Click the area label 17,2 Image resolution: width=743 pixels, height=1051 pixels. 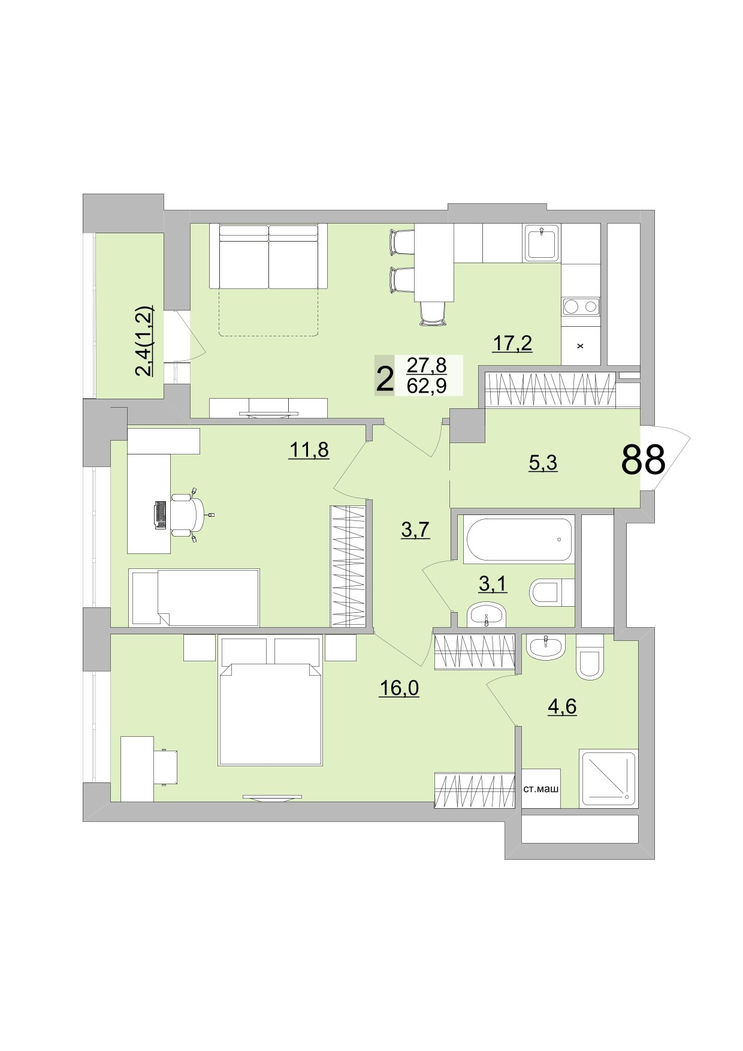point(512,344)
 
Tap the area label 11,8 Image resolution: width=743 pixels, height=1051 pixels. point(309,449)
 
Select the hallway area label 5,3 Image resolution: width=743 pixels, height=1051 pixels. point(543,463)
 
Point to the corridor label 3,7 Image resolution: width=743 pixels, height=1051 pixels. point(415,529)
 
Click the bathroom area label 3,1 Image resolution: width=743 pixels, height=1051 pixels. point(493,583)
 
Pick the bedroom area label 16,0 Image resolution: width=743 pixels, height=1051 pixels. point(399,688)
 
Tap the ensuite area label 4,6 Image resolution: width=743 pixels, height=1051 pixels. point(562,706)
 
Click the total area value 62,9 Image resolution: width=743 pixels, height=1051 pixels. point(427,386)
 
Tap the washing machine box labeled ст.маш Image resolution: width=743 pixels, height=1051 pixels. point(541,788)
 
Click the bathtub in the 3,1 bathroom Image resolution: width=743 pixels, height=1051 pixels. point(519,539)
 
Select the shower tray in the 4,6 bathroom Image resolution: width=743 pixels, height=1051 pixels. point(608,778)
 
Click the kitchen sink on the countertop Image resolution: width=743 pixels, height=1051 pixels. point(542,243)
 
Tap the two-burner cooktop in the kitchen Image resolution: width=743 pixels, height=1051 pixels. point(581,307)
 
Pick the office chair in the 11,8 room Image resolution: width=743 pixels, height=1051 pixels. point(188,514)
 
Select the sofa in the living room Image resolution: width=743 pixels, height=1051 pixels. point(268,256)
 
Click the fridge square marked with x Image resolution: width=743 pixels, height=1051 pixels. point(580,346)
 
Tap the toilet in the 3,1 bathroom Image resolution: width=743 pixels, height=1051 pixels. point(549,592)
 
